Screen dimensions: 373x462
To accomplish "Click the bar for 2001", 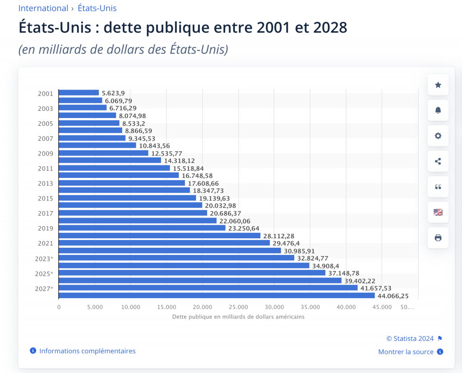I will [79, 93].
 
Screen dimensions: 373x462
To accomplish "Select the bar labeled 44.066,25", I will [217, 296].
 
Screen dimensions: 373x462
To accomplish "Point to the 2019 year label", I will [45, 228].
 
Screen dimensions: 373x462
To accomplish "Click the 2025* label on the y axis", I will [44, 273].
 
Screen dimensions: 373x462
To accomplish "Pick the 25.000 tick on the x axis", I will [238, 307].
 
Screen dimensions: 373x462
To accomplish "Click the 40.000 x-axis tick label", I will [346, 307].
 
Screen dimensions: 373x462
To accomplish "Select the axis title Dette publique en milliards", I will [238, 317].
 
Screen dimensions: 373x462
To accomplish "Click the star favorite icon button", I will [438, 85].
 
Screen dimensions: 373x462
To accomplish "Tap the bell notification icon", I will [438, 110].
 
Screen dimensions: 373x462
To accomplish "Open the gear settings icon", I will [438, 136].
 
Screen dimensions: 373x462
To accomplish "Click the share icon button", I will [438, 161].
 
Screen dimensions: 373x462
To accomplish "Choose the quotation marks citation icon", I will [438, 186].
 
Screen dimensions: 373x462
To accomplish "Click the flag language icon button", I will [438, 212].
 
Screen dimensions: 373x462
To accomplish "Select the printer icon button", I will [438, 237].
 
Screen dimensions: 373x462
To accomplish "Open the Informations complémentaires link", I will [87, 351].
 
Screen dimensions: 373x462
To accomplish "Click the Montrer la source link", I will [406, 352].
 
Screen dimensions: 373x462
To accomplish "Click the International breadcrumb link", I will [43, 8].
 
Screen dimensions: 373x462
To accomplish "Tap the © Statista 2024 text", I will [410, 339].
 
